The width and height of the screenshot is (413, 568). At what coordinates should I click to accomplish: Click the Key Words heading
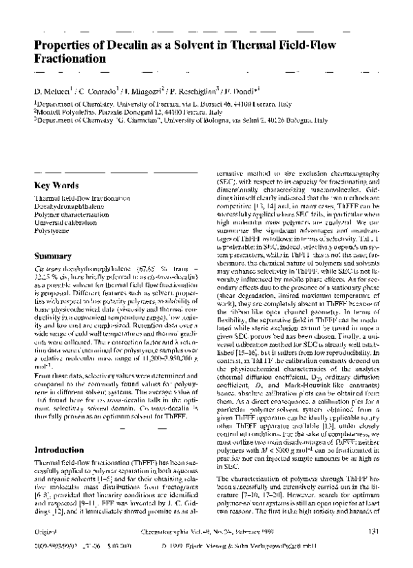pos(56,185)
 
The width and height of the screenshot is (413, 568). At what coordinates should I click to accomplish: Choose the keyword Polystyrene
pos(52,231)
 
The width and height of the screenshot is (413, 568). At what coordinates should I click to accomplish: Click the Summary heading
pos(53,256)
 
